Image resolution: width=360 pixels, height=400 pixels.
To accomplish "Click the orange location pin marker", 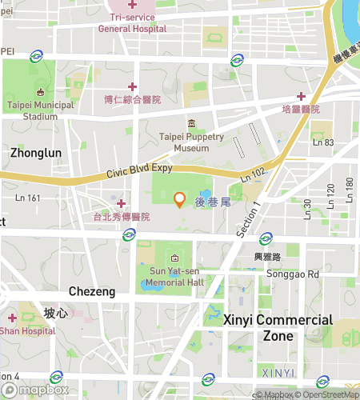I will tap(180, 200).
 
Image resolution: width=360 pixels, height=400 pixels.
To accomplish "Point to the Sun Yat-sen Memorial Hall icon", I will tap(175, 258).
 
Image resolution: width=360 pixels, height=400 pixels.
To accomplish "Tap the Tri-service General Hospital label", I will tap(132, 22).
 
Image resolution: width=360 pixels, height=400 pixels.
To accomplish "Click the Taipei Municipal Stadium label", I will tap(40, 110).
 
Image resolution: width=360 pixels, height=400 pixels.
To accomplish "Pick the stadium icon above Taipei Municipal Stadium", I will tap(40, 90).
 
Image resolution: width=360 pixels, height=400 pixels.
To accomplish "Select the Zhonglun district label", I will tap(34, 151).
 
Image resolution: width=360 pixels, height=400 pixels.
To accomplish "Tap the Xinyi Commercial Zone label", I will tap(278, 327).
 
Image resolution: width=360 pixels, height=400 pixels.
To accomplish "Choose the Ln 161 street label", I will tap(28, 197).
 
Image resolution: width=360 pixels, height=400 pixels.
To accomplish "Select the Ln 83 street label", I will tap(323, 142).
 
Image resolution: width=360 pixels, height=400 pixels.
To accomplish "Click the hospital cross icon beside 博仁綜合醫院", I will tap(132, 86).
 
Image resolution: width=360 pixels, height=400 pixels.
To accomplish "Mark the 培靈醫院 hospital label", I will tap(301, 109).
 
